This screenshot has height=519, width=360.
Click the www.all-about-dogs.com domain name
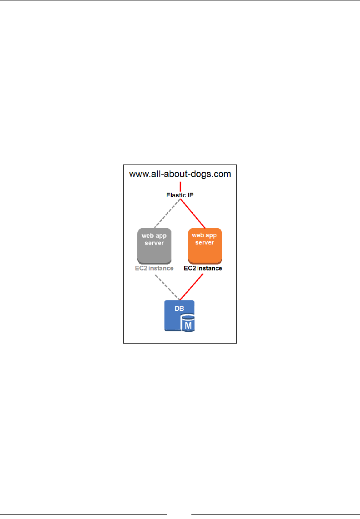point(180,174)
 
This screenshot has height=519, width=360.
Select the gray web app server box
point(154,245)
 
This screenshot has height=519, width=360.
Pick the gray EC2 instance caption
point(154,269)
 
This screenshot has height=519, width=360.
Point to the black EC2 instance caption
point(203,269)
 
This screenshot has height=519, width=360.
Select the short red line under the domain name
point(180,186)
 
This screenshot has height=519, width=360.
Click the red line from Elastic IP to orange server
point(194,214)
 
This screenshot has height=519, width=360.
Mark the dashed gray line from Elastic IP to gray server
point(167,214)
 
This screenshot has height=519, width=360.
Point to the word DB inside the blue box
point(174,309)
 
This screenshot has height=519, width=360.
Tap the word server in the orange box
point(205,243)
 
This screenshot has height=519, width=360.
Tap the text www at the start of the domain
point(138,174)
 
